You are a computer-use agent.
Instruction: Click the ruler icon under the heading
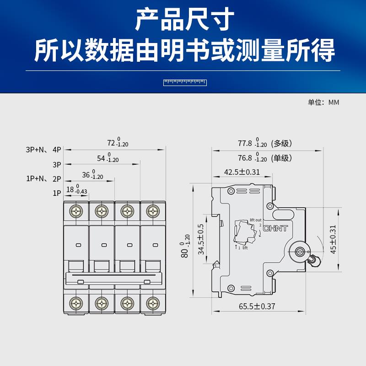tap(185, 82)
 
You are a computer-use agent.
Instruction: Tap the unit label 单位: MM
tap(323, 102)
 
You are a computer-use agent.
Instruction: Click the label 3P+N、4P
tap(44, 150)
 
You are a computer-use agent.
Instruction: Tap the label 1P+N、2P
tap(44, 179)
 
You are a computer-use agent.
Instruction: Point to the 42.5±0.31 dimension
tap(242, 172)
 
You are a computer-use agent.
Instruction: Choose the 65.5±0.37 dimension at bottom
tap(257, 307)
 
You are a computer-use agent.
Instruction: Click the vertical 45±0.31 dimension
tap(334, 239)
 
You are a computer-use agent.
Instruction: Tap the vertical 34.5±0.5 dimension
tap(201, 239)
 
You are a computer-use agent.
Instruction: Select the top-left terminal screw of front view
tap(76, 211)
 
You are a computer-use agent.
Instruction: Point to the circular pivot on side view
tap(300, 251)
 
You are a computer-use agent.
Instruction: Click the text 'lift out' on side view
tap(255, 220)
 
